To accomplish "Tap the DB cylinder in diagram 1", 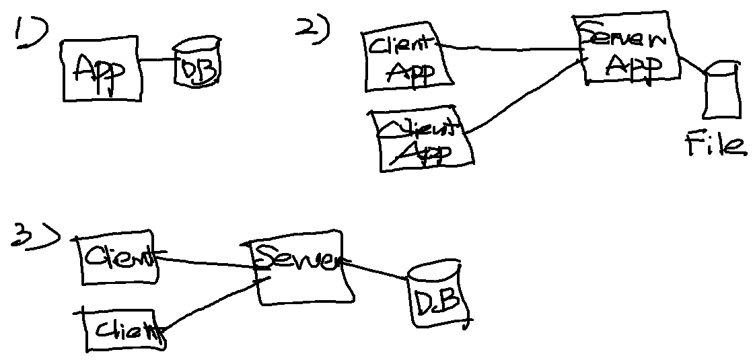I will pos(197,66).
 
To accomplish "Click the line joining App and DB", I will pos(159,60).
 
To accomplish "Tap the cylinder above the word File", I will pos(719,91).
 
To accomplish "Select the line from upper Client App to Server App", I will pos(511,49).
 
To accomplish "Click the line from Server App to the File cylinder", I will pos(692,65).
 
